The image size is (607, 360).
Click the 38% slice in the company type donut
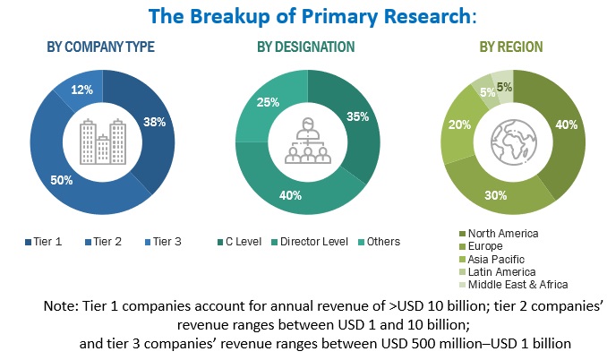click(x=153, y=123)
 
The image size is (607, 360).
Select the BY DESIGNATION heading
click(x=304, y=47)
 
